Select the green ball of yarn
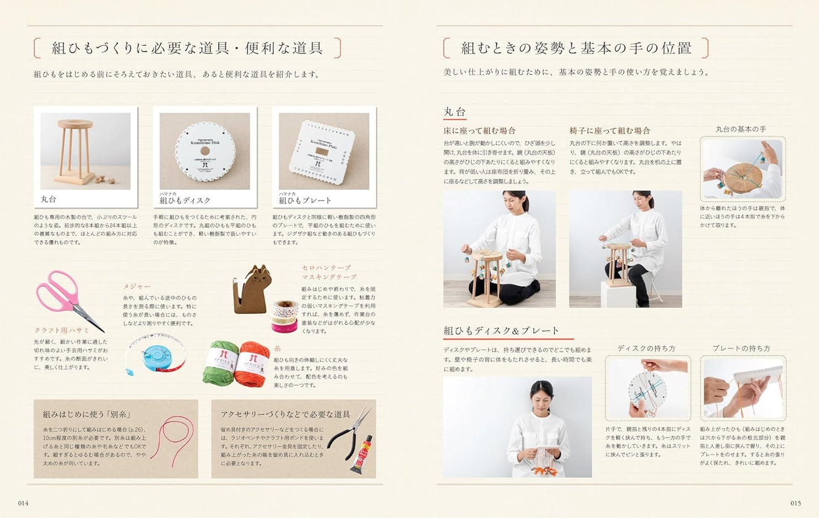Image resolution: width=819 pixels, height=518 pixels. [x=223, y=363]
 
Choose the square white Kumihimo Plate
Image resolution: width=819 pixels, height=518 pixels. [x=324, y=152]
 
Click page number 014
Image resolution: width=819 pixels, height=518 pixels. [x=23, y=503]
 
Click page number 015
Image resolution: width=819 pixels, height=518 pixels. [x=795, y=503]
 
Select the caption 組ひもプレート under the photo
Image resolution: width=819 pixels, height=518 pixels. [x=305, y=200]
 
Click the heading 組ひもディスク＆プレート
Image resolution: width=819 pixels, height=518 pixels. [x=501, y=330]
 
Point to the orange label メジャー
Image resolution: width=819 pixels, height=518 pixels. [x=137, y=287]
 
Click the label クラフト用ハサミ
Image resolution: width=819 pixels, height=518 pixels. [x=62, y=330]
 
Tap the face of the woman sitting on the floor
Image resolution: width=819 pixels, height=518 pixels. [x=514, y=202]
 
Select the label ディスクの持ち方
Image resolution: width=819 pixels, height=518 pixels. [x=646, y=349]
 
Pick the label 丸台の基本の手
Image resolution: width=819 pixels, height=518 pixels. [x=740, y=129]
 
